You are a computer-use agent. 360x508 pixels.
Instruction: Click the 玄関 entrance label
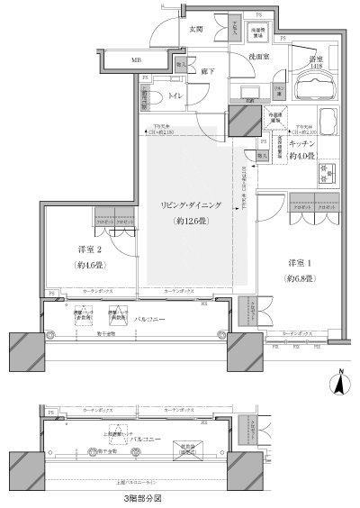(x=196, y=29)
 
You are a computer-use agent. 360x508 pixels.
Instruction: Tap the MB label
(x=136, y=61)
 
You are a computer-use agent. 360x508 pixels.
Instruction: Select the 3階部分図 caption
(x=143, y=497)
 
